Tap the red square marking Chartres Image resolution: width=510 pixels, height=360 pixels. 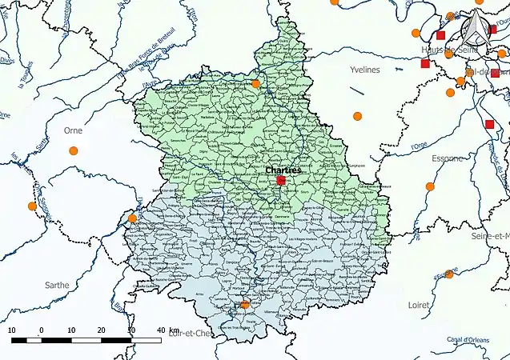(x=281, y=182)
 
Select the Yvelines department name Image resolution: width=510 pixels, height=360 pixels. (x=364, y=70)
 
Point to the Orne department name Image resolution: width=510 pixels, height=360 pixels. (x=73, y=130)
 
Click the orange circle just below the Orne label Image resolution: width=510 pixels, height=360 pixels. (x=74, y=150)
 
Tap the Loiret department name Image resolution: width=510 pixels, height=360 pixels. (x=418, y=305)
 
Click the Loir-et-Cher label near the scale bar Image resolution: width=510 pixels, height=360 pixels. (x=190, y=334)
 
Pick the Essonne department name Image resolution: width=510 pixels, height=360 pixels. (x=446, y=158)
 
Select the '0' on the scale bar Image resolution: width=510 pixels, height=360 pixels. (x=41, y=330)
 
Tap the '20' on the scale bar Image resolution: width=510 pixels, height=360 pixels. (x=101, y=330)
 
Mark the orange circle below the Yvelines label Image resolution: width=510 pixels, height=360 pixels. (x=358, y=116)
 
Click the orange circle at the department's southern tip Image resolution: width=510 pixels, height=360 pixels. (x=245, y=304)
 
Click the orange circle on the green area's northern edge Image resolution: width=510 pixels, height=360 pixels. (x=255, y=83)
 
